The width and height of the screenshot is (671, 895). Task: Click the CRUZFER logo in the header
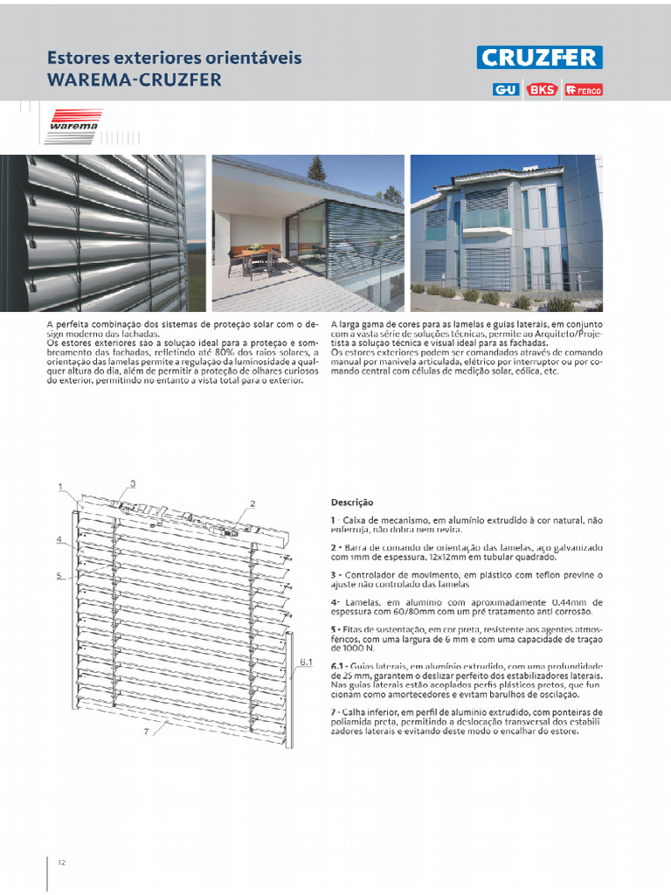pyautogui.click(x=539, y=58)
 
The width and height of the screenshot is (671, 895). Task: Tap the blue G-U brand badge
pyautogui.click(x=505, y=89)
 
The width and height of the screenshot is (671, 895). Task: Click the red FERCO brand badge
pyautogui.click(x=583, y=89)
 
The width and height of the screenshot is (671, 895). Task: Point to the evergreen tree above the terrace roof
pyautogui.click(x=316, y=169)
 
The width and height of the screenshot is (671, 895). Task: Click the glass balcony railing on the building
pyautogui.click(x=487, y=218)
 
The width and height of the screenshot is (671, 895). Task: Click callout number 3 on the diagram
pyautogui.click(x=132, y=483)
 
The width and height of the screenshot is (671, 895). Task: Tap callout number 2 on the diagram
pyautogui.click(x=252, y=503)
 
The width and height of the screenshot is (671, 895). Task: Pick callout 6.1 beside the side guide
pyautogui.click(x=306, y=663)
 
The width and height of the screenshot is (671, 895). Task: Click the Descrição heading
pyautogui.click(x=351, y=503)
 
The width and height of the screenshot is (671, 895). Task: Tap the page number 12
pyautogui.click(x=62, y=863)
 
